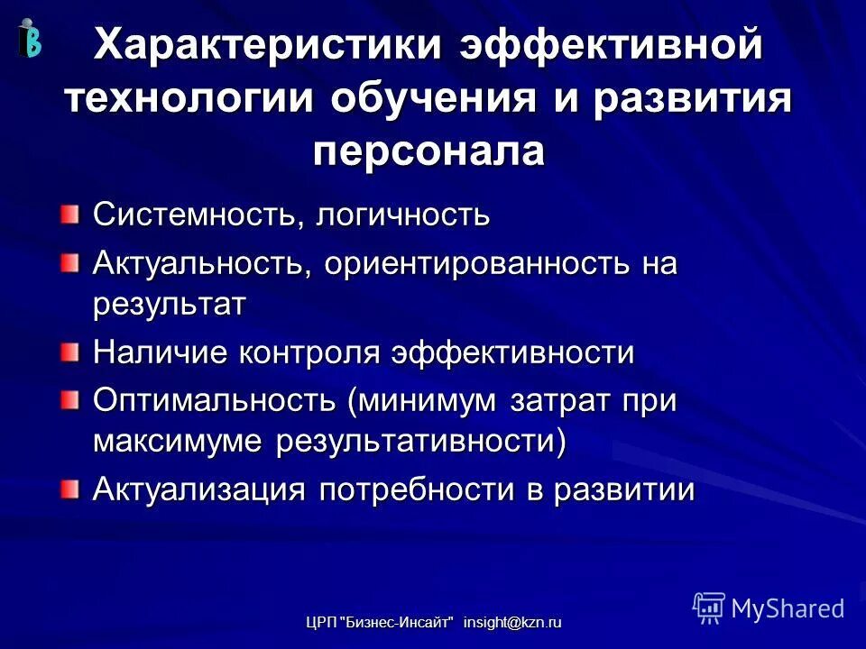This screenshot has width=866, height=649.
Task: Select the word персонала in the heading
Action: tap(429, 150)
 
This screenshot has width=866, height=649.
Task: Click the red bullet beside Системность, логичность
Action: tap(70, 215)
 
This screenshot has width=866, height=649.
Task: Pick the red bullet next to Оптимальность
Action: tap(70, 398)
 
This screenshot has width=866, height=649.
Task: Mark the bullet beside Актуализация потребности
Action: tap(70, 489)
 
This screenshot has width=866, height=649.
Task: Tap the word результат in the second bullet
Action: tap(169, 305)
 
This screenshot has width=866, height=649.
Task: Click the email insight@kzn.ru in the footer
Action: tap(512, 623)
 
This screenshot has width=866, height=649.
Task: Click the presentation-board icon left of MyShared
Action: tap(709, 608)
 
